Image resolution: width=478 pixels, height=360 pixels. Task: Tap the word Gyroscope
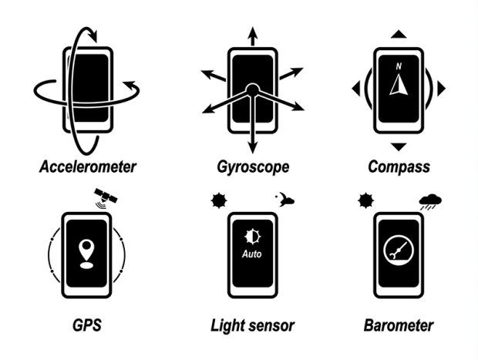click(x=252, y=167)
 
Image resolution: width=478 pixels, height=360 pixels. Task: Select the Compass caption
click(x=399, y=167)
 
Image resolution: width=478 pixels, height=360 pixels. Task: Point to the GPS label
click(x=87, y=325)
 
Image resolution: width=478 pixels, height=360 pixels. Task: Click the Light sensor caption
click(x=252, y=325)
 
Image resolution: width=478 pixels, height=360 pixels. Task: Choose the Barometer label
click(x=399, y=325)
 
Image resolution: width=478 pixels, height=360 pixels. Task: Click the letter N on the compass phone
click(x=399, y=66)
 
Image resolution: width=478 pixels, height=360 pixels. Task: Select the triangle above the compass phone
click(x=399, y=34)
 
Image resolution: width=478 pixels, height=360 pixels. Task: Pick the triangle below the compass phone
click(x=399, y=146)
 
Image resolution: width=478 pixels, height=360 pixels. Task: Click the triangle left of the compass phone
click(x=355, y=89)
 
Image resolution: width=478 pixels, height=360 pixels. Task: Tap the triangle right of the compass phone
click(x=441, y=89)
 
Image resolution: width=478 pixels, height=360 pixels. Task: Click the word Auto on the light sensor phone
click(x=252, y=254)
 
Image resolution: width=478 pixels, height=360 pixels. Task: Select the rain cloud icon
click(x=430, y=203)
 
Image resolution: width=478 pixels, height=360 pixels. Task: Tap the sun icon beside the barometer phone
click(x=364, y=202)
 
